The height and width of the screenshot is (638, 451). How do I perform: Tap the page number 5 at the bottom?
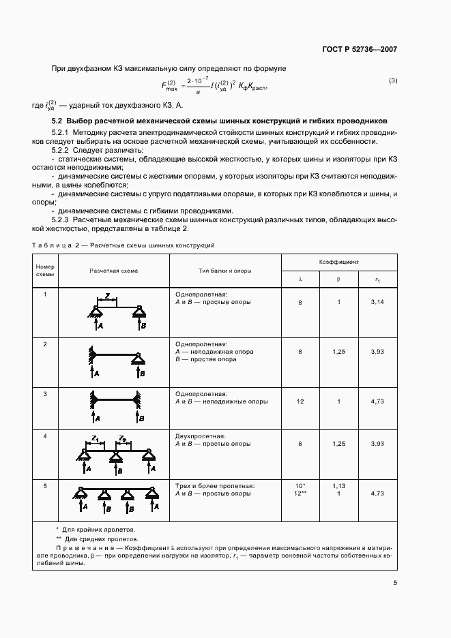[x=395, y=583]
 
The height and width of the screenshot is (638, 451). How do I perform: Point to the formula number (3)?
[x=392, y=81]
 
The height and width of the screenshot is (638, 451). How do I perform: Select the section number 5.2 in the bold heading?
[x=58, y=121]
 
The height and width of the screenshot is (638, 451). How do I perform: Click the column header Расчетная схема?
[x=113, y=271]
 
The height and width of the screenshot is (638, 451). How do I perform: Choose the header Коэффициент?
[x=339, y=261]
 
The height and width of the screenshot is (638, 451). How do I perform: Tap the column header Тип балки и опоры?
[x=224, y=271]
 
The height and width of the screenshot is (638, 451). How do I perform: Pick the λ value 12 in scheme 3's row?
[x=300, y=402]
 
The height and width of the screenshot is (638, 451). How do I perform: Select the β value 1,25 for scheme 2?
[x=339, y=352]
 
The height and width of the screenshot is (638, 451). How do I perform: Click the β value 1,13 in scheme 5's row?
[x=339, y=486]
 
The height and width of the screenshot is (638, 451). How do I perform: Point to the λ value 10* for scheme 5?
[x=300, y=486]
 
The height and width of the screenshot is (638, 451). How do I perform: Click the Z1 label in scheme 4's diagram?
[x=96, y=439]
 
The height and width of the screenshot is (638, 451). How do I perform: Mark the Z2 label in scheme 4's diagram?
[x=121, y=439]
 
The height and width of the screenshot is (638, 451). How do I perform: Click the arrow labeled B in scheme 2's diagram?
[x=140, y=373]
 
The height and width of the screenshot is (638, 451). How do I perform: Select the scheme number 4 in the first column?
[x=45, y=436]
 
